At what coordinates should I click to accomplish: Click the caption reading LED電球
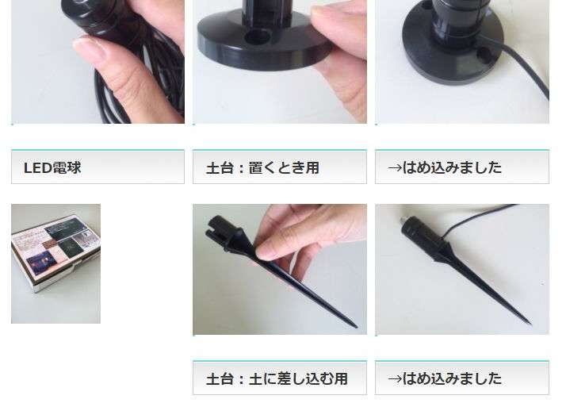[52, 168]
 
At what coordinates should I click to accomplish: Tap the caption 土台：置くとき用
[263, 168]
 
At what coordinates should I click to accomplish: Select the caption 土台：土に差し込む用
[277, 378]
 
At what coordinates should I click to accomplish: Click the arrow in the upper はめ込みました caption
[395, 168]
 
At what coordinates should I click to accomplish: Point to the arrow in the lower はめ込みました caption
[395, 378]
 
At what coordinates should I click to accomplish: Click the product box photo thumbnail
[56, 263]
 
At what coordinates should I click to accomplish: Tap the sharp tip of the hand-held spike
[356, 327]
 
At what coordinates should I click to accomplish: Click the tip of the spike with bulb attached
[530, 323]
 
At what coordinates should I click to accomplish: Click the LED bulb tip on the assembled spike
[402, 221]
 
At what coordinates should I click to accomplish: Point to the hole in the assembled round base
[485, 54]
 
